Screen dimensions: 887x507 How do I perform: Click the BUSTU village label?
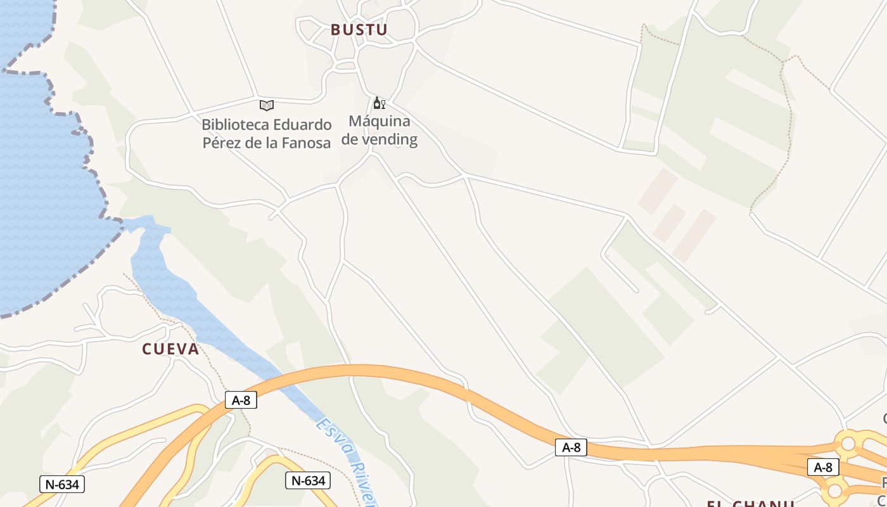(359, 30)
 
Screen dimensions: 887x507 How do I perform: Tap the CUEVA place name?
(170, 349)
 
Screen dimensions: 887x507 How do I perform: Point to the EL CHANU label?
(750, 503)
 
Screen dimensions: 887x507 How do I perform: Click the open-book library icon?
(267, 105)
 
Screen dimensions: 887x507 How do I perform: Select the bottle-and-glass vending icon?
(379, 103)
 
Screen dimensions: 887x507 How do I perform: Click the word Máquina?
(380, 121)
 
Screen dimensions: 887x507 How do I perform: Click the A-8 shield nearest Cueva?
(241, 400)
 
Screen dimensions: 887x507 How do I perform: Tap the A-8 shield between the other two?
(571, 447)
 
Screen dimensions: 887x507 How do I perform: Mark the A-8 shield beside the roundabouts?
(822, 468)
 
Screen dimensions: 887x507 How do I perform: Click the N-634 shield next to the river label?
(307, 480)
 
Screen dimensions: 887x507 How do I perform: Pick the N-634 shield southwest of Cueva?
(61, 484)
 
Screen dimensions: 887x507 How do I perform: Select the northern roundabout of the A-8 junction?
(848, 444)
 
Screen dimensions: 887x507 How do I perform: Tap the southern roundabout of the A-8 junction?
(835, 490)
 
